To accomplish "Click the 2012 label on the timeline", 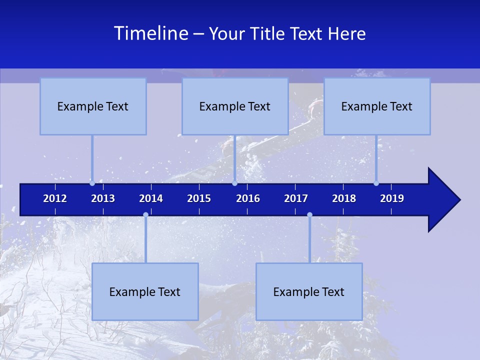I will pyautogui.click(x=55, y=198).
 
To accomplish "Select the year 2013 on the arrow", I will pyautogui.click(x=103, y=198).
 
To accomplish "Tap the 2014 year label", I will pyautogui.click(x=151, y=198).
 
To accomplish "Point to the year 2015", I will pyautogui.click(x=199, y=198).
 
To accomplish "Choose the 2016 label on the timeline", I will pyautogui.click(x=248, y=198).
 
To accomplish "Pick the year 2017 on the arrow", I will pyautogui.click(x=296, y=198).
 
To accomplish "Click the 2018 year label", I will pyautogui.click(x=344, y=198).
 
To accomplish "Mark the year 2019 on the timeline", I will pyautogui.click(x=392, y=198).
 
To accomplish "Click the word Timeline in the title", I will pyautogui.click(x=150, y=33).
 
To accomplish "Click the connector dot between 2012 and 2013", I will pyautogui.click(x=92, y=183).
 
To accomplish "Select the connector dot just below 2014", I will pyautogui.click(x=145, y=215).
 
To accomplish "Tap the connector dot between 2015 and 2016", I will pyautogui.click(x=234, y=183).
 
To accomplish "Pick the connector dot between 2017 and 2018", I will pyautogui.click(x=309, y=215).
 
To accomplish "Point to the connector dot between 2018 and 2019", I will pyautogui.click(x=376, y=183).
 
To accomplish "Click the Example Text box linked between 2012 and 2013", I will pyautogui.click(x=93, y=106).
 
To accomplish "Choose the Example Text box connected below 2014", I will pyautogui.click(x=145, y=291).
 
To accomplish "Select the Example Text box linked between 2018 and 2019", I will pyautogui.click(x=377, y=106).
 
